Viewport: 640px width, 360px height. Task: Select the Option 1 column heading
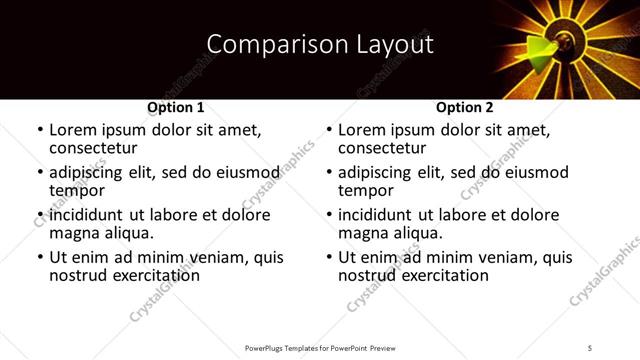tap(176, 107)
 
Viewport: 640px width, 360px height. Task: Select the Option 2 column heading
tap(465, 107)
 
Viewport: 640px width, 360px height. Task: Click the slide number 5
tap(591, 347)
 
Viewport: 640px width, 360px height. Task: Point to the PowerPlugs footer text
tap(321, 347)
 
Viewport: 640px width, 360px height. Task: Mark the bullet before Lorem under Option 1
tap(39, 130)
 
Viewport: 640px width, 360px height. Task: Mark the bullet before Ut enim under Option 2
tap(328, 257)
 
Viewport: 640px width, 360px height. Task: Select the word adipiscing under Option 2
tap(377, 172)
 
